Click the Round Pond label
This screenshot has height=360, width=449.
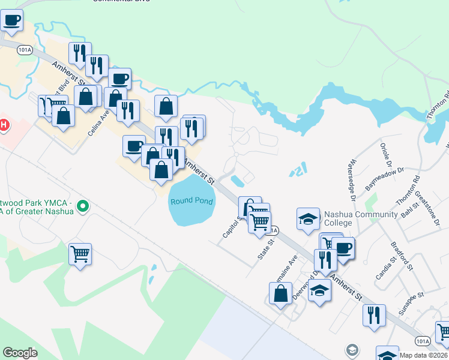191,201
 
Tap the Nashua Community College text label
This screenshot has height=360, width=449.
360,219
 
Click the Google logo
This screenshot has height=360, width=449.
20,353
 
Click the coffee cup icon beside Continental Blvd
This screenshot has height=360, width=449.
12,21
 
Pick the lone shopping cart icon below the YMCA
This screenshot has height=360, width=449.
80,254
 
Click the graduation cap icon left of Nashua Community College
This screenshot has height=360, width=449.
308,218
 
